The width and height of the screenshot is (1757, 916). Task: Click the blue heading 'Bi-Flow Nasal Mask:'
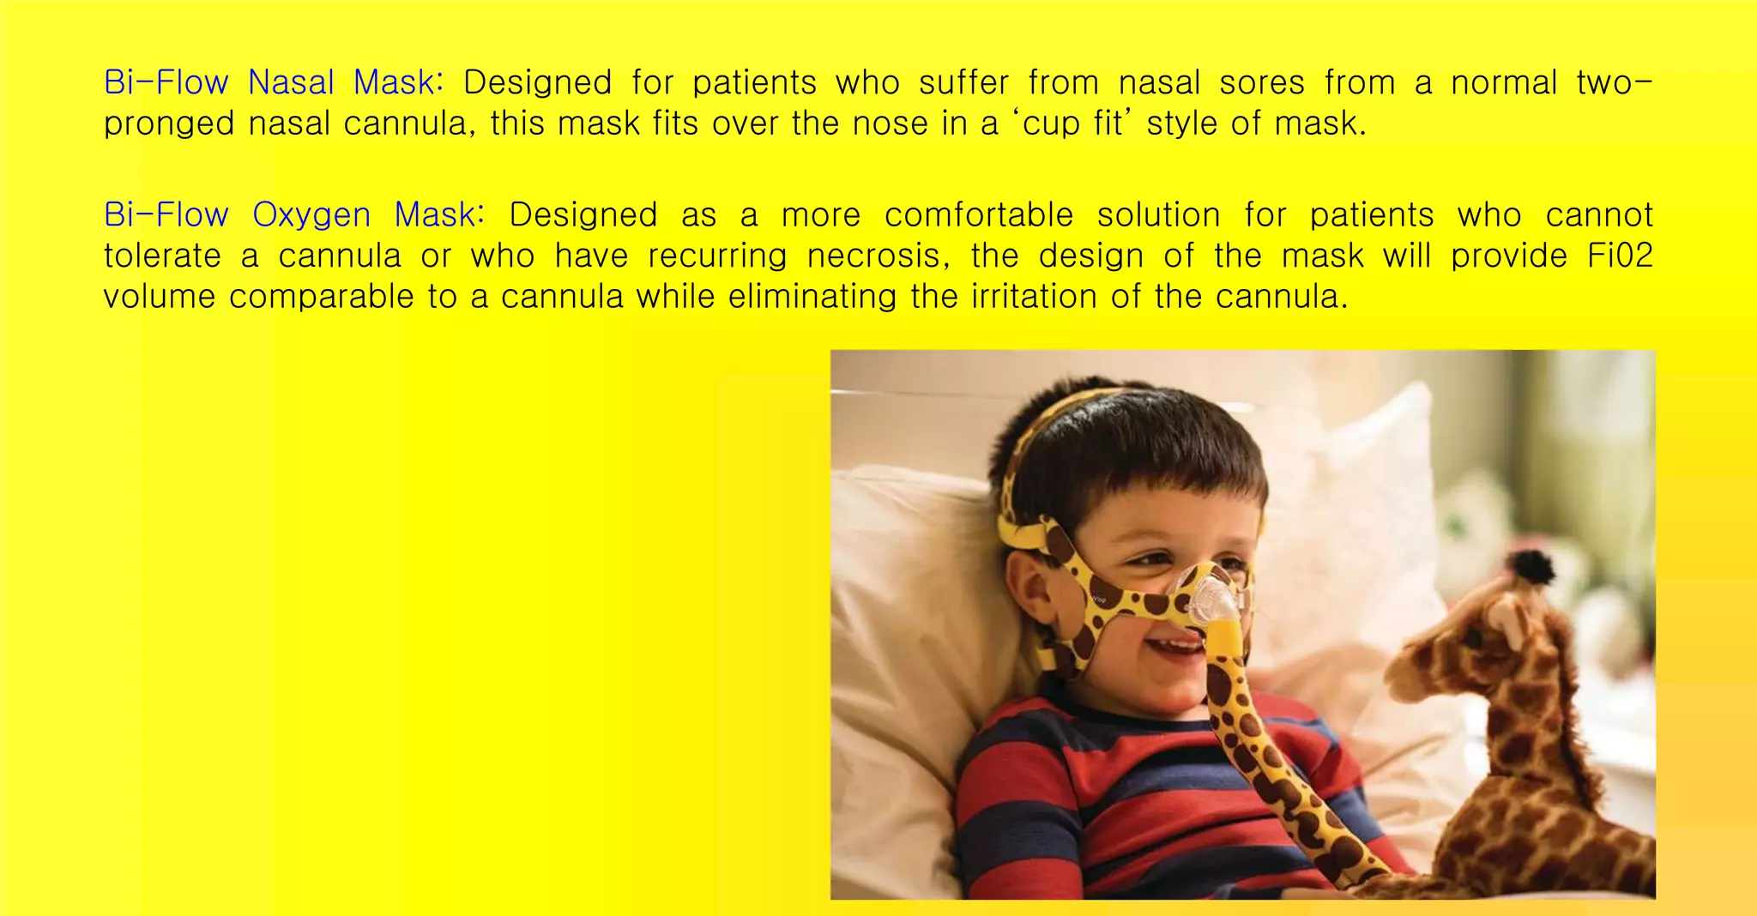274,83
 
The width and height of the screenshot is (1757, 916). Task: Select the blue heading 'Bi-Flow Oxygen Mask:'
294,215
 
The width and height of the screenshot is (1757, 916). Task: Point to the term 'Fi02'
1620,256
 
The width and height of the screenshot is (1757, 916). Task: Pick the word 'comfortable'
979,215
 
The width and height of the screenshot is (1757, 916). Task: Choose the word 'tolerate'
162,256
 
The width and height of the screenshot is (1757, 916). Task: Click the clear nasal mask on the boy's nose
1211,600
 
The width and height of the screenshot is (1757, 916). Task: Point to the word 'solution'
1158,215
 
